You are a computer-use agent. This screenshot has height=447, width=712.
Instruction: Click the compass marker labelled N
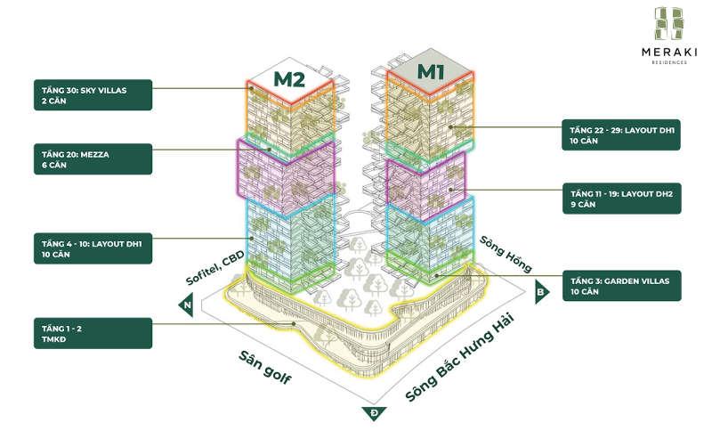[x=186, y=305]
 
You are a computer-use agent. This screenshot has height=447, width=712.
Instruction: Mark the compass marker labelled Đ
[x=372, y=413]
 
